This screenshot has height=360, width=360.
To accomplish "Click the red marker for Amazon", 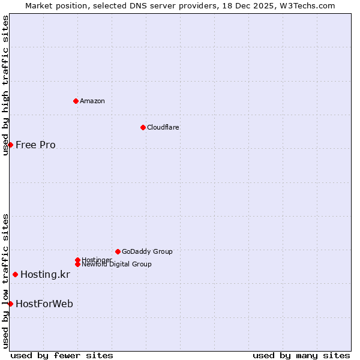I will click(76, 101).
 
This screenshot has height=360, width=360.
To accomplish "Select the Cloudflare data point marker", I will click(143, 127).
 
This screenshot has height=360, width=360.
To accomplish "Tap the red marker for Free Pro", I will click(10, 145).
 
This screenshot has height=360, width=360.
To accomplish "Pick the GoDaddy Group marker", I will click(118, 251).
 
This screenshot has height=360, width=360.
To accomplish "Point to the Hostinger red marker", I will click(77, 260).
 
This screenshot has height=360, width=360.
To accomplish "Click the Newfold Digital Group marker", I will click(77, 264).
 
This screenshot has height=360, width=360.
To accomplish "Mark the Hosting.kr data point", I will click(15, 275).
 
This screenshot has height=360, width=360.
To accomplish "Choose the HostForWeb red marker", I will click(10, 304).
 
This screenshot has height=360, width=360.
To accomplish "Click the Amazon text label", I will click(92, 101).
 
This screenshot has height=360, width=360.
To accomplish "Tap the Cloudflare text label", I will click(163, 127).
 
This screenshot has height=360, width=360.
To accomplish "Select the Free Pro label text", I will click(35, 145).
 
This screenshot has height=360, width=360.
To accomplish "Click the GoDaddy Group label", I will click(147, 251).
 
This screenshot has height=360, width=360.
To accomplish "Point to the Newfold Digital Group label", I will click(116, 264).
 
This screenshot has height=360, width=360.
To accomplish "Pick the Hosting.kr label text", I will click(45, 275).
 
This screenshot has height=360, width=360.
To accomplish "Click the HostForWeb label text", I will click(44, 304).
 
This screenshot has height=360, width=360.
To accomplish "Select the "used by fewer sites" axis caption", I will click(62, 355).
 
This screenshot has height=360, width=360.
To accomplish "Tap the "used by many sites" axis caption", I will click(301, 355).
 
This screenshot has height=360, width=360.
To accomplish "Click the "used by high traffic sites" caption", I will click(5, 85).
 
